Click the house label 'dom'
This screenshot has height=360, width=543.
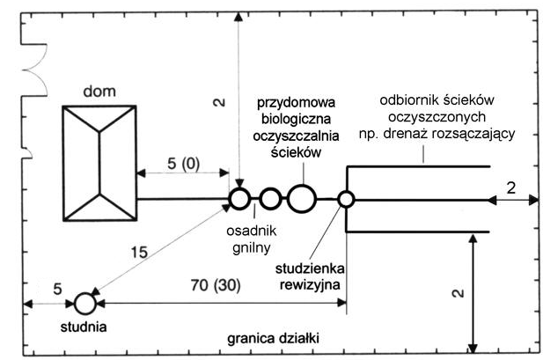[99, 92]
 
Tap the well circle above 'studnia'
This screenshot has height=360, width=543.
[85, 304]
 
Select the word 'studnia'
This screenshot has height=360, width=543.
[84, 327]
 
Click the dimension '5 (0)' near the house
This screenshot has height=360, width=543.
[184, 163]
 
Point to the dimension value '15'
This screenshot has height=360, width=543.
[139, 253]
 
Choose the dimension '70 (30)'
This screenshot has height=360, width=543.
[216, 285]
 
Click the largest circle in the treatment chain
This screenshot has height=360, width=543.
[302, 199]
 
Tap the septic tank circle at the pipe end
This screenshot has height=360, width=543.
[239, 199]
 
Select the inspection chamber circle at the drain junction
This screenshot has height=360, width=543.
[346, 200]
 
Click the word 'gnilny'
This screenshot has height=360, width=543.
[251, 248]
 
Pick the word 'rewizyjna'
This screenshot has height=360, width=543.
[310, 285]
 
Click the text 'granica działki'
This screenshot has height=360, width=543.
[273, 338]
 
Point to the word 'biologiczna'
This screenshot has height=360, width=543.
[296, 119]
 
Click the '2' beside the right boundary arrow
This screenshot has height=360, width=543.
[511, 188]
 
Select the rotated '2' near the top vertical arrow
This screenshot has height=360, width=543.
[219, 102]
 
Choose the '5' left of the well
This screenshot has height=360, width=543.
[57, 289]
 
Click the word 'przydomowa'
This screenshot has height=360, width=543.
[296, 103]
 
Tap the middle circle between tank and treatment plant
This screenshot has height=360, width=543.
[270, 199]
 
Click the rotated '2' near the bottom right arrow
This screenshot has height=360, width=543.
[458, 293]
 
